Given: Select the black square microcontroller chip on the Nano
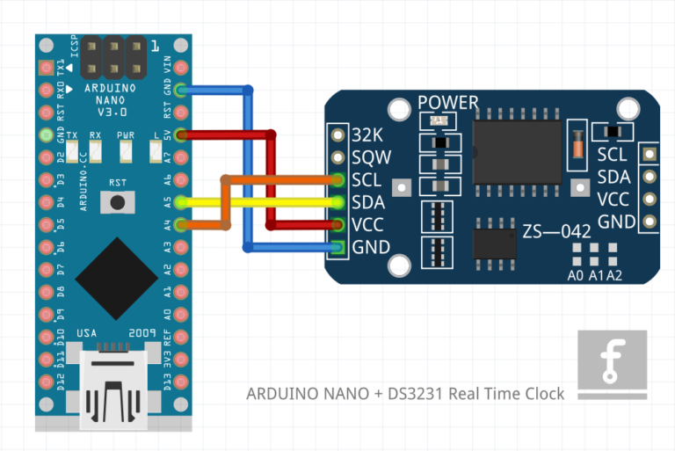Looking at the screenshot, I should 116,279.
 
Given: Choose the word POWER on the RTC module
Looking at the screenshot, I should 448,103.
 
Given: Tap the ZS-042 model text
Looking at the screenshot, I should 559,233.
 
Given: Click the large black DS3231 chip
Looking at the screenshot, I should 517,151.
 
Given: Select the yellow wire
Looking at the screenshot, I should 264,202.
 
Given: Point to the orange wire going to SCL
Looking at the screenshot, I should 281,180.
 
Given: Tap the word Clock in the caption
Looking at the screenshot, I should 541,394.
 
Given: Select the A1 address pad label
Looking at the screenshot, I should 595,276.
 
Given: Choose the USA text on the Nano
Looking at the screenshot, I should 87,333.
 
